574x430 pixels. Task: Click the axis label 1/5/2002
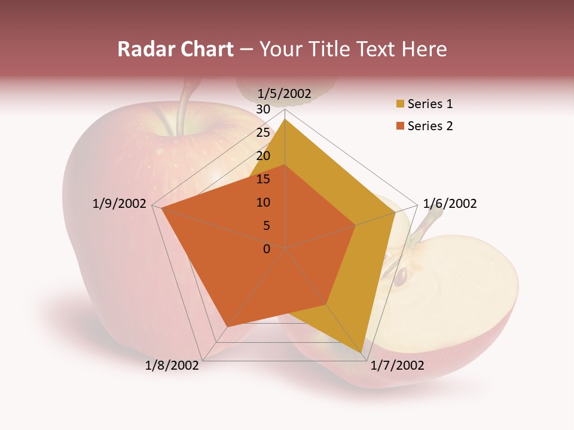[x=285, y=93]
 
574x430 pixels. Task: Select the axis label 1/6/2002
[x=450, y=204]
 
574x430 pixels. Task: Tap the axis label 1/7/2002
[x=397, y=365]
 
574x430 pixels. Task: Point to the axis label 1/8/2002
[x=172, y=365]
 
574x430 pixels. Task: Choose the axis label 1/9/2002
[x=120, y=204]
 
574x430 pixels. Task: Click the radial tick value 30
[x=263, y=109]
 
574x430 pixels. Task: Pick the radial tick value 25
[x=263, y=133]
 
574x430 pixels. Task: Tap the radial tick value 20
[x=263, y=156]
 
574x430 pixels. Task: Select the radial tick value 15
[x=263, y=179]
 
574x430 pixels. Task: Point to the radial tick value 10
[x=263, y=202]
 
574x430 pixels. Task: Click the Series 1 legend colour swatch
[x=400, y=105]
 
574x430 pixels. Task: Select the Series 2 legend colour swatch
[x=400, y=126]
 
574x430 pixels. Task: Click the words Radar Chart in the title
[x=175, y=49]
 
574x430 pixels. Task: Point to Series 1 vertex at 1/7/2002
[x=362, y=354]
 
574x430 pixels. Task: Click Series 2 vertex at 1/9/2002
[x=161, y=208]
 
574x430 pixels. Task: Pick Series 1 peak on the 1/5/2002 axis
[x=285, y=119]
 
